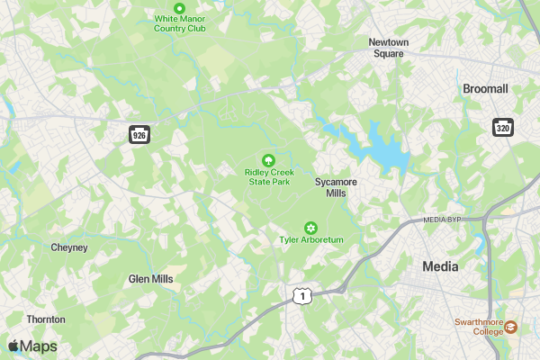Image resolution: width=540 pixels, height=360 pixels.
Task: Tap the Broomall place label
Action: tap(485, 89)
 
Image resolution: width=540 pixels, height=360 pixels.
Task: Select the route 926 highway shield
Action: tap(139, 135)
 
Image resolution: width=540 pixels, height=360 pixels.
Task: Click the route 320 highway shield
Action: tap(502, 127)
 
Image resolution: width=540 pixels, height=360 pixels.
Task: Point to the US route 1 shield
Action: tap(303, 295)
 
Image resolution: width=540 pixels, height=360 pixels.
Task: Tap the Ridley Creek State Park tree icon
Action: tap(267, 159)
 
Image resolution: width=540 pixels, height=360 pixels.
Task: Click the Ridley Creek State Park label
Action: tap(268, 176)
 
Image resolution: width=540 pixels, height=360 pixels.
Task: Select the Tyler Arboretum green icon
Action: tap(311, 227)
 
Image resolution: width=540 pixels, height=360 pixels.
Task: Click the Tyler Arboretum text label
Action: tap(311, 239)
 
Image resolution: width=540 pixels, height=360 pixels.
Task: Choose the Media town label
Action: tap(440, 266)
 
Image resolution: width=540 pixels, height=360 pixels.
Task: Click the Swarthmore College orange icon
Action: tap(511, 326)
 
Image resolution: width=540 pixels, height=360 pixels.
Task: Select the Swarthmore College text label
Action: tap(477, 326)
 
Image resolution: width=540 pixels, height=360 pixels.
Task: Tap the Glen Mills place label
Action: tap(150, 279)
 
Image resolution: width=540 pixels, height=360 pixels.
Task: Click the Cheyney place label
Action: tap(69, 247)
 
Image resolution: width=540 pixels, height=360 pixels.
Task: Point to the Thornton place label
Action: tap(46, 319)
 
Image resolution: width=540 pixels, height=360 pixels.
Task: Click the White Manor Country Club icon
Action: tap(179, 8)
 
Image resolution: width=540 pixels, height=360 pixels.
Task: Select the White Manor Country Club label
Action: tap(180, 23)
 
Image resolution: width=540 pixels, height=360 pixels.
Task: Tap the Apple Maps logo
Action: tap(32, 346)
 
